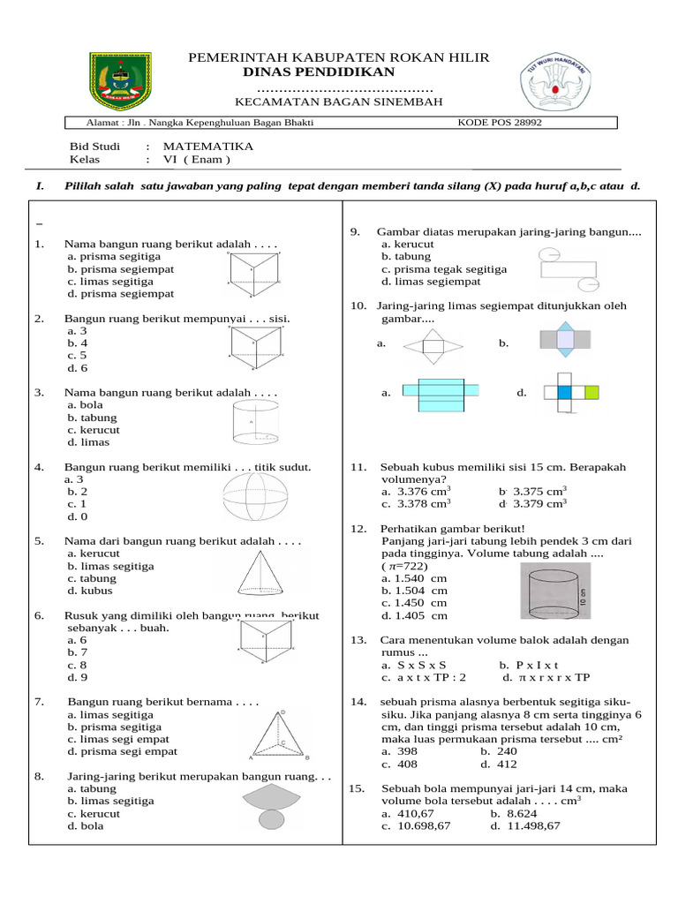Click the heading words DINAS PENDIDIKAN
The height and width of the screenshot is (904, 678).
tap(319, 72)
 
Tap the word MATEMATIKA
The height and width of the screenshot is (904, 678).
tap(208, 146)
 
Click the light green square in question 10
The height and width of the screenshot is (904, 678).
tap(591, 392)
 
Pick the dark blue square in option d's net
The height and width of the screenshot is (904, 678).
tap(565, 392)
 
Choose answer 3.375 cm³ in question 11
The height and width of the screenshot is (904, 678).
tap(532, 491)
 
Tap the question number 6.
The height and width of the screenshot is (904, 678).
tap(39, 615)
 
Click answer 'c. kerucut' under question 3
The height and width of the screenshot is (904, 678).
tap(94, 430)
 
